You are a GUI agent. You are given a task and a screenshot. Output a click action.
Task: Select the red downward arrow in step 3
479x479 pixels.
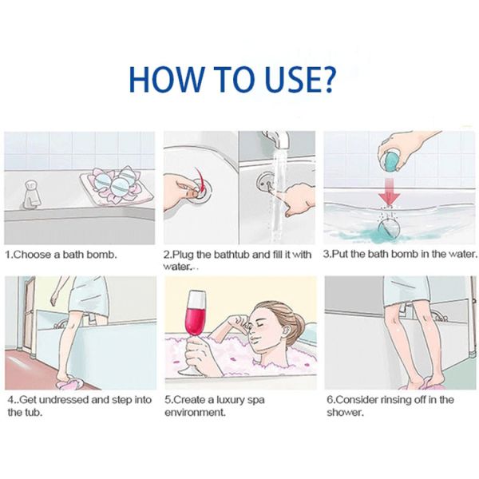click(x=388, y=192)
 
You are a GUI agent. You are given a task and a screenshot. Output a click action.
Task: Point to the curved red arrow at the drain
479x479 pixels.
click(x=200, y=180)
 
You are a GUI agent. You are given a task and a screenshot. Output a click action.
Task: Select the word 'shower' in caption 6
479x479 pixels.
click(x=344, y=413)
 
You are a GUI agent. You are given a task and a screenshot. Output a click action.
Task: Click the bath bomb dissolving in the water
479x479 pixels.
click(x=388, y=230)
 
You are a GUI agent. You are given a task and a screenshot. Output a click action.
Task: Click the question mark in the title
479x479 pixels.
click(x=324, y=79)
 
